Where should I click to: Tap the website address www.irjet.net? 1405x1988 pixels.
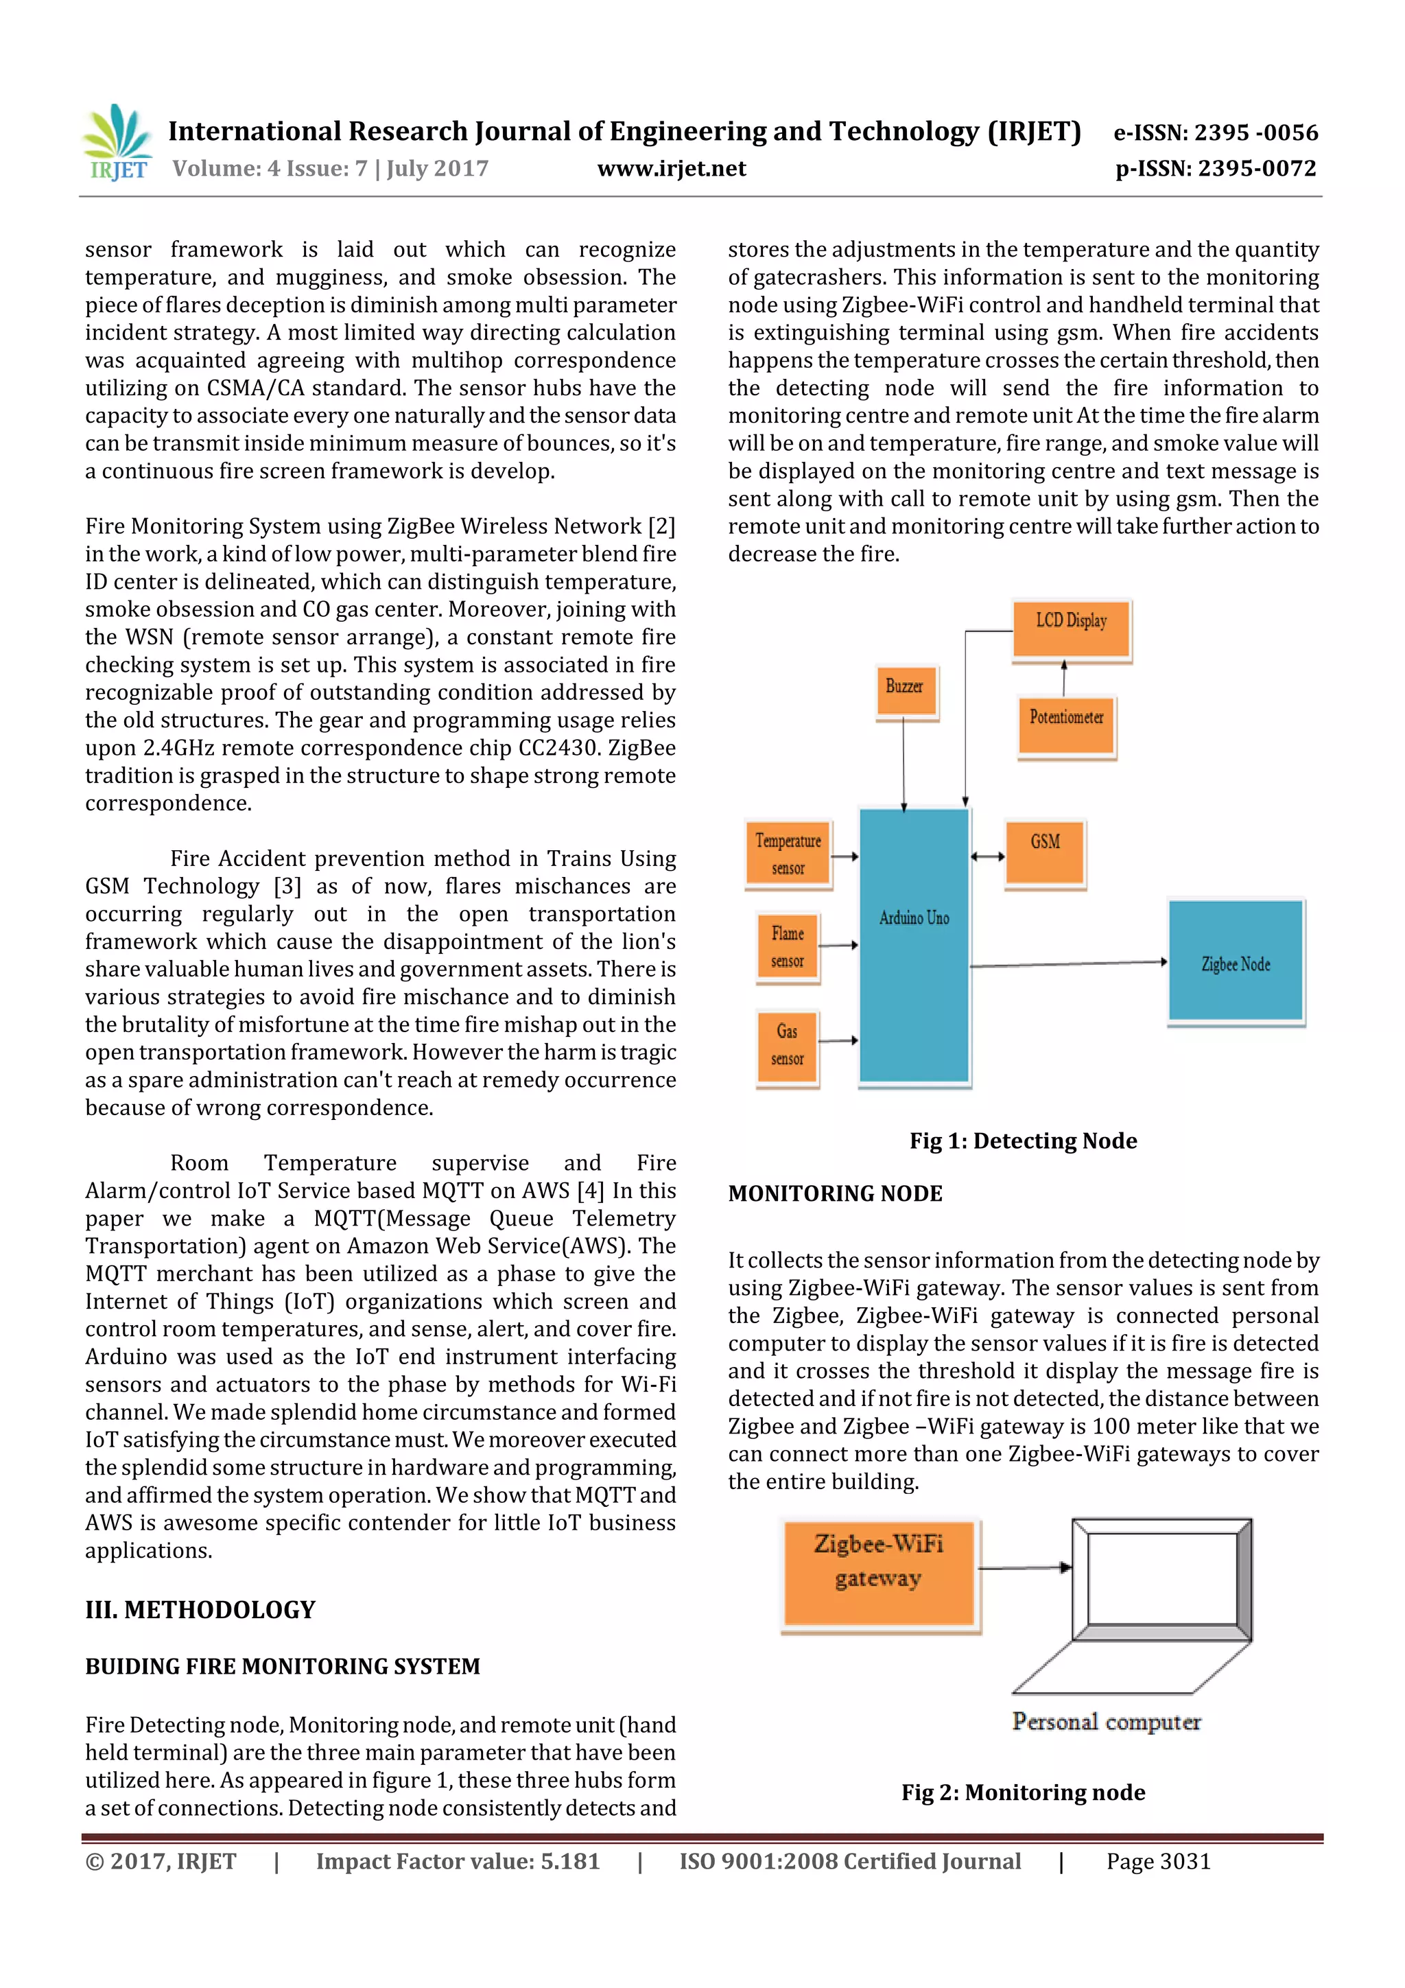671,168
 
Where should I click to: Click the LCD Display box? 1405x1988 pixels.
1071,629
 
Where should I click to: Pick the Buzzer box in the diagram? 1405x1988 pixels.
906,691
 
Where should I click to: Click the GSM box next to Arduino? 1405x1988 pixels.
1045,852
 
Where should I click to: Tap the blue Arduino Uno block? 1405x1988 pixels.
914,946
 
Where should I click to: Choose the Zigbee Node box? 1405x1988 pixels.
1236,961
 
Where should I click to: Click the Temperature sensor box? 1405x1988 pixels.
788,854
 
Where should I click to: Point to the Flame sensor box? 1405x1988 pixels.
788,946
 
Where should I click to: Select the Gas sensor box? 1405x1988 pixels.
787,1044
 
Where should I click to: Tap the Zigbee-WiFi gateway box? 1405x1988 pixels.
879,1574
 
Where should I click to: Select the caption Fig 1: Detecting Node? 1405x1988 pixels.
1022,1141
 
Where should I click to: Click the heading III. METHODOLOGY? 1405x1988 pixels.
200,1610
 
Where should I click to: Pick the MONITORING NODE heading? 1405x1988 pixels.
834,1193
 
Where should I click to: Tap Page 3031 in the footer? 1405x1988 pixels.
1157,1862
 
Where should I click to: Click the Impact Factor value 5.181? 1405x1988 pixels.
458,1862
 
